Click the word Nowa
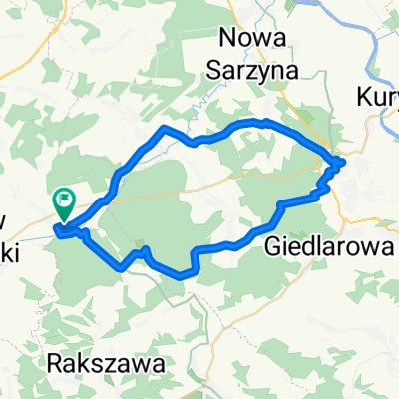pos(253,38)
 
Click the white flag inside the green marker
pos(65,199)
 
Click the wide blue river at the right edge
pos(384,70)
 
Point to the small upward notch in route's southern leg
pos(146,248)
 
